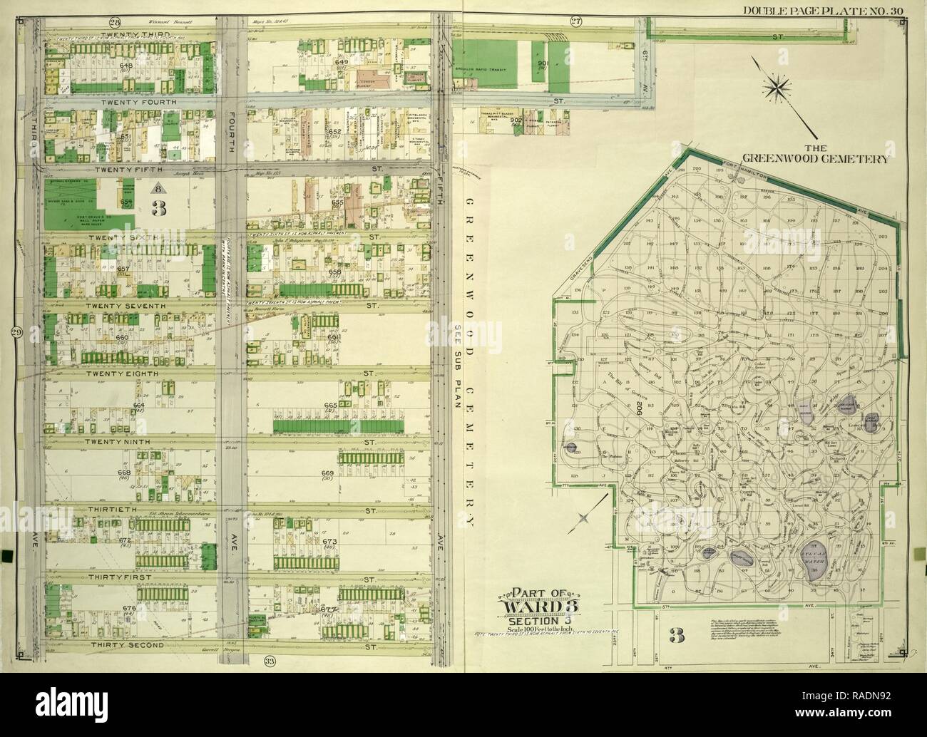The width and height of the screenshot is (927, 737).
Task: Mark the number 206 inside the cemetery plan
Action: click(x=632, y=407)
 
